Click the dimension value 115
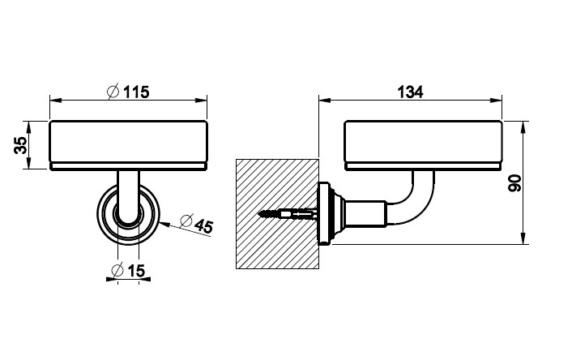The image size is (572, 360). tap(136, 92)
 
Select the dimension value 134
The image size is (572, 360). tap(411, 92)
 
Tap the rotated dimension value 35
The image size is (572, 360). tap(21, 145)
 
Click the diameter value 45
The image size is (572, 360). tap(202, 226)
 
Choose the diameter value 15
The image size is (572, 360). tap(134, 270)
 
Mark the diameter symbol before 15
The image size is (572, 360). tap(115, 270)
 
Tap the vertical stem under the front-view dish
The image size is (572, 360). tap(127, 191)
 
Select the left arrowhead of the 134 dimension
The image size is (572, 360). tap(322, 101)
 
